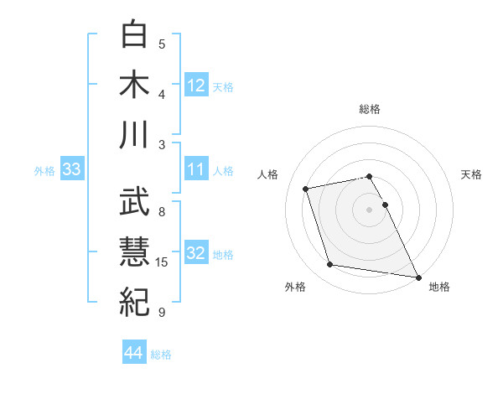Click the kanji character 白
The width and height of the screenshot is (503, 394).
[x=135, y=34]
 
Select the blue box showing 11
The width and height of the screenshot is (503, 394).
[x=196, y=170]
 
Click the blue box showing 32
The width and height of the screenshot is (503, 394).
[x=196, y=254]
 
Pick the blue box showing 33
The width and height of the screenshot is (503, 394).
[x=71, y=170]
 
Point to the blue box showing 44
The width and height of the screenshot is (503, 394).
[x=134, y=354]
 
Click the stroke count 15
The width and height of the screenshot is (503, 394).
[x=164, y=262]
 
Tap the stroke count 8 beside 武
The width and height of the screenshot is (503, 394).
[x=162, y=212]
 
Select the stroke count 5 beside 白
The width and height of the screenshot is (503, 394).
[x=162, y=44]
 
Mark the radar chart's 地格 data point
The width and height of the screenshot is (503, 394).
[x=417, y=277]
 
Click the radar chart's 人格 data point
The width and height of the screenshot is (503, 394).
[x=306, y=187]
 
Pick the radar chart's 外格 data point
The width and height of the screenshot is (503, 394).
[x=330, y=265]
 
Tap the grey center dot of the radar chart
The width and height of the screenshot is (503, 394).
[x=369, y=209]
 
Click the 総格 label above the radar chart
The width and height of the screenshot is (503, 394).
[x=369, y=109]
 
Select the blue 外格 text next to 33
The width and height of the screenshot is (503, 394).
[x=44, y=171]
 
